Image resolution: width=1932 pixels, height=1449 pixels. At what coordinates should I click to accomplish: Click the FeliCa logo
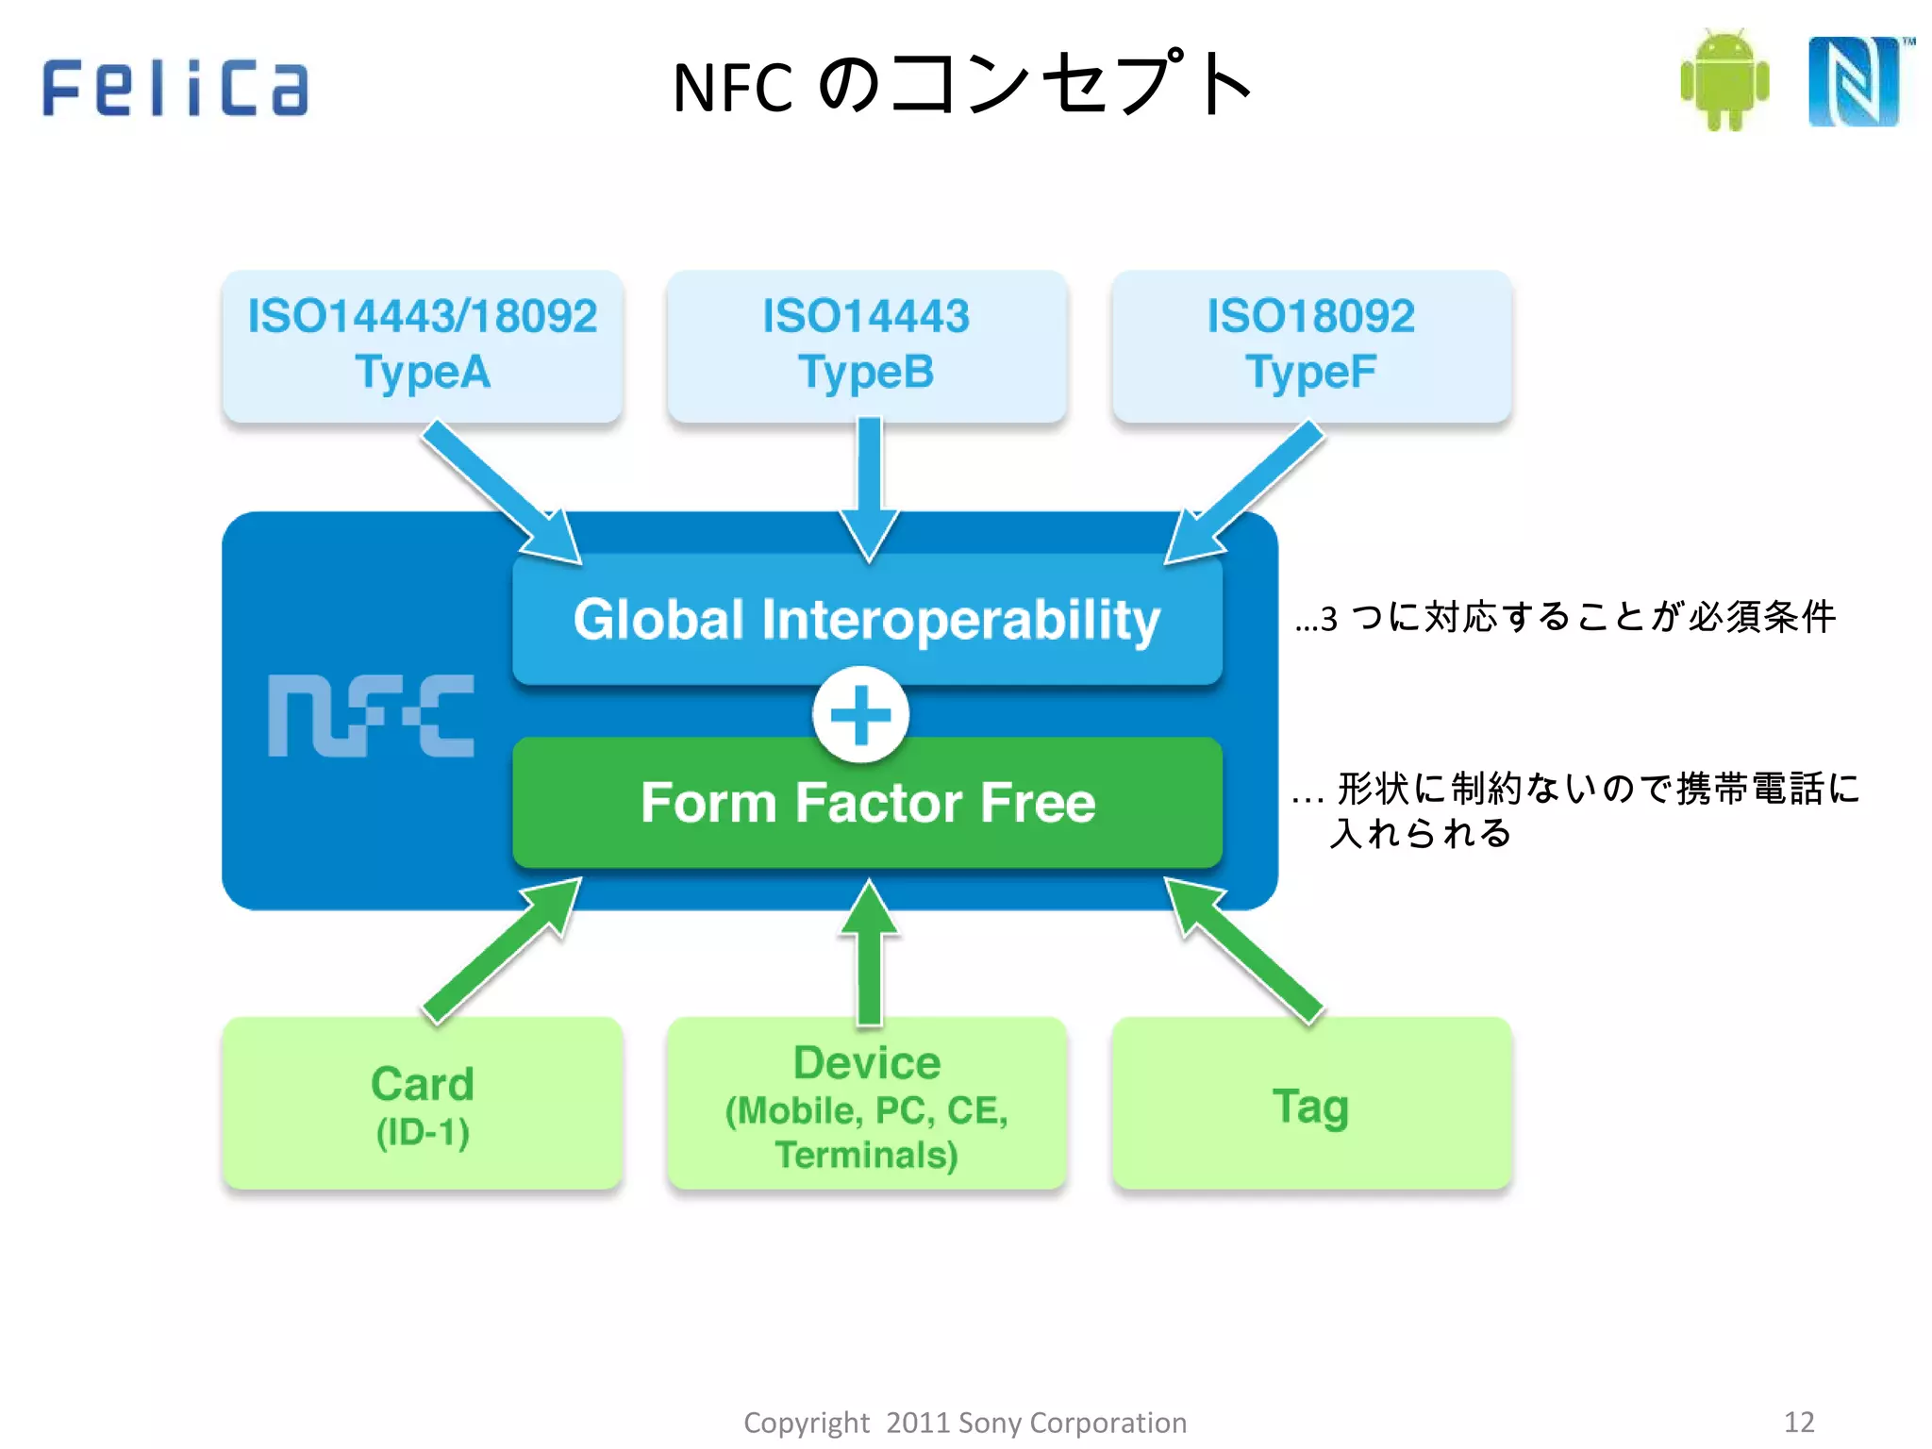175,87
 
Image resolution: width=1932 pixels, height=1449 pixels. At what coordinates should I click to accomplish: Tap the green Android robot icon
1724,80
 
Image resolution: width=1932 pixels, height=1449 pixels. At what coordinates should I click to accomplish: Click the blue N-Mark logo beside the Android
1854,81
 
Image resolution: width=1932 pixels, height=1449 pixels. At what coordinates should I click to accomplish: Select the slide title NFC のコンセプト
962,85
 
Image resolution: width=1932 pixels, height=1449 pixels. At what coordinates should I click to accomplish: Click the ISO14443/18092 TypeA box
422,345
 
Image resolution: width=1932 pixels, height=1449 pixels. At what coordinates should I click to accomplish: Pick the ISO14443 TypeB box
866,345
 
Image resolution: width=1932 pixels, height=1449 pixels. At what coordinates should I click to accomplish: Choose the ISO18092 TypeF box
1311,345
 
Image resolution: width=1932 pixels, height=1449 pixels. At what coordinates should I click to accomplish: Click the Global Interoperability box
866,619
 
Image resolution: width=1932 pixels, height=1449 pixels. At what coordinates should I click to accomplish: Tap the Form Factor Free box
866,803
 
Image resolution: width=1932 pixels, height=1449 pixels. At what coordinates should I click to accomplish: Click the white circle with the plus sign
860,714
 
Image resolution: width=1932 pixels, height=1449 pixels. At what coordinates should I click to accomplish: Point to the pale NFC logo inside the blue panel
371,715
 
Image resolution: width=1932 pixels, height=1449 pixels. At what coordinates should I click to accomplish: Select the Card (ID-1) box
422,1104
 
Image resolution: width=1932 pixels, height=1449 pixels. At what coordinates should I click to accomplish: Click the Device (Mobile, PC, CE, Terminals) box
866,1104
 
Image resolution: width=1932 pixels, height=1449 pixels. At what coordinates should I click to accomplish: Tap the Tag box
1311,1104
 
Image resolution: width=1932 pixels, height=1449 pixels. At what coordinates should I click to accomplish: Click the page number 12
1799,1422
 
